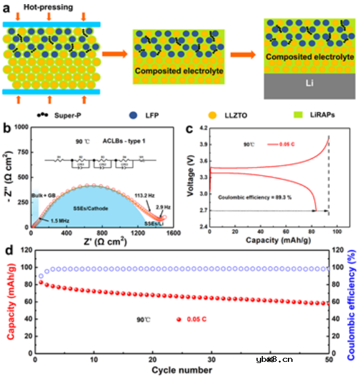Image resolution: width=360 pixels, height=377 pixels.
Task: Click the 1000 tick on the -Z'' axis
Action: (x=22, y=127)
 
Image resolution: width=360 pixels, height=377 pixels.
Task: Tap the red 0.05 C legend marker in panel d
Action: (x=179, y=319)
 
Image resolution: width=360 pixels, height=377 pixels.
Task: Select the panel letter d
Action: (x=8, y=251)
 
